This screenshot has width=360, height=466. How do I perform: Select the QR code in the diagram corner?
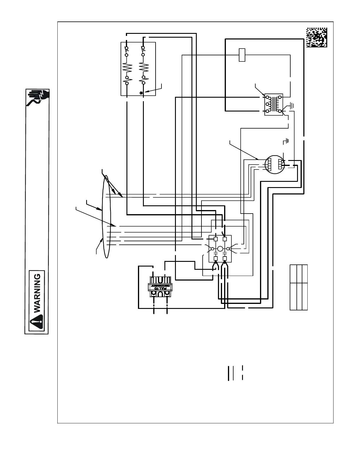pyautogui.click(x=316, y=37)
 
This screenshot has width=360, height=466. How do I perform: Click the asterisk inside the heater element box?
pyautogui.click(x=141, y=93)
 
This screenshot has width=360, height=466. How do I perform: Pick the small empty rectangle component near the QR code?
pyautogui.click(x=242, y=55)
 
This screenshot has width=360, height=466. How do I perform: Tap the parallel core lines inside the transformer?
pyautogui.click(x=276, y=104)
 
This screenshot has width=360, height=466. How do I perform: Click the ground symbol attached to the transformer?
pyautogui.click(x=291, y=105)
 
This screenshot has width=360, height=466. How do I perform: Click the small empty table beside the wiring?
pyautogui.click(x=299, y=287)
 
